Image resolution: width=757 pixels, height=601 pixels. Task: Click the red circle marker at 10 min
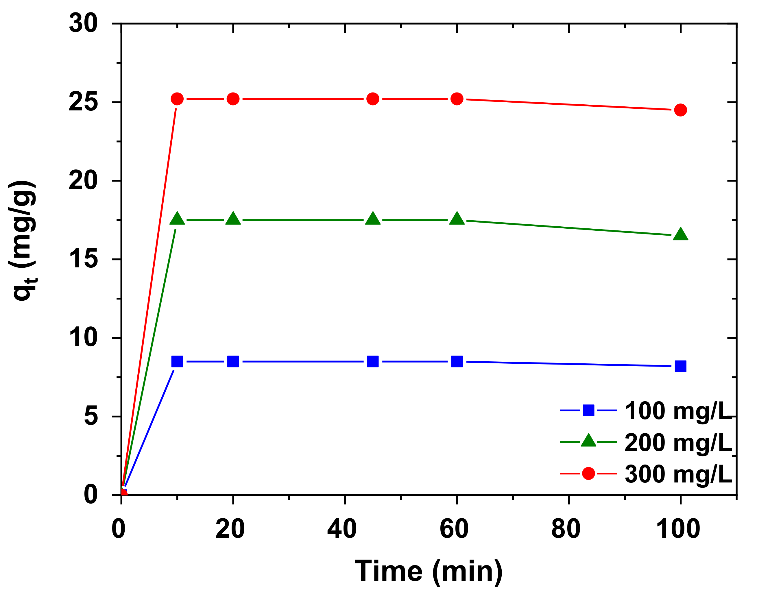177,99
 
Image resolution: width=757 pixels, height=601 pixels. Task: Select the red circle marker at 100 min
680,110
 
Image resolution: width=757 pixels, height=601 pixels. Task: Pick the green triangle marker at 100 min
680,234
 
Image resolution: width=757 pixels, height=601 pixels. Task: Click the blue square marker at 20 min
233,361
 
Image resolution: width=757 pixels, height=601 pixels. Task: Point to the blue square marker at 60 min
457,361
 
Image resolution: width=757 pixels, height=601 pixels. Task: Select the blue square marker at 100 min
680,366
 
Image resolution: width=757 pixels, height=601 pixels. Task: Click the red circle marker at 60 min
457,99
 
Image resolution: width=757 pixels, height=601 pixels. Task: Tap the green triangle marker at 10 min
177,219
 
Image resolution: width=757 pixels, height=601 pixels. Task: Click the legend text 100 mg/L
678,411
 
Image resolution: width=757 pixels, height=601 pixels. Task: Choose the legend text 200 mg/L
678,442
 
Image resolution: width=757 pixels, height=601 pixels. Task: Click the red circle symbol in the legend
588,474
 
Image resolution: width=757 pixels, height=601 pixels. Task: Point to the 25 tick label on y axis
83,103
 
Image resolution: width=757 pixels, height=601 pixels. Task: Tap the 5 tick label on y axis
91,417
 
